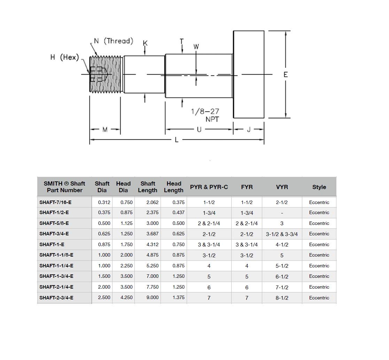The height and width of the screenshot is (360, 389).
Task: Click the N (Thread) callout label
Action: tap(114, 41)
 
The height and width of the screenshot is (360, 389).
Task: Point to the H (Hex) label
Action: tap(65, 57)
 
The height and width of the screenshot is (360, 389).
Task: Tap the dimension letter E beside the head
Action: tap(286, 75)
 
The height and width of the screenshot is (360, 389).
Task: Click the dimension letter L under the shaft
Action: tap(177, 140)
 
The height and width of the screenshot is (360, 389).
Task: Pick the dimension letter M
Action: tap(105, 130)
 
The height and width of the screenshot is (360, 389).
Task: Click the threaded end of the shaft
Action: tap(106, 75)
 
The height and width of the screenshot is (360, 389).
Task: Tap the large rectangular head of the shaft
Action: tap(249, 75)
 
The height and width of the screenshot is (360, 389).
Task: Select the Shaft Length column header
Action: tap(148, 187)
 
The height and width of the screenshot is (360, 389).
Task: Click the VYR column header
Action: tap(282, 187)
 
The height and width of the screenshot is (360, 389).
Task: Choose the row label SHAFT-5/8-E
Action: tap(54, 223)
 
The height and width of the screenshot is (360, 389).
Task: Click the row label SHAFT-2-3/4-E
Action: tap(56, 298)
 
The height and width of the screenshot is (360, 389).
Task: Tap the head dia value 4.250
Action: tap(126, 298)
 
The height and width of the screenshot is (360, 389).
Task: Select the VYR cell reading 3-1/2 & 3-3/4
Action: tap(282, 234)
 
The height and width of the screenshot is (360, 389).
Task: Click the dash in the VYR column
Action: tap(282, 213)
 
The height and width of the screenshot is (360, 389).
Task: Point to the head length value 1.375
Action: tap(178, 298)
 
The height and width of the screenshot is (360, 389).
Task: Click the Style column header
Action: tap(319, 187)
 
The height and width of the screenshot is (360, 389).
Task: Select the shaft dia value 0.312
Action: tap(104, 202)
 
